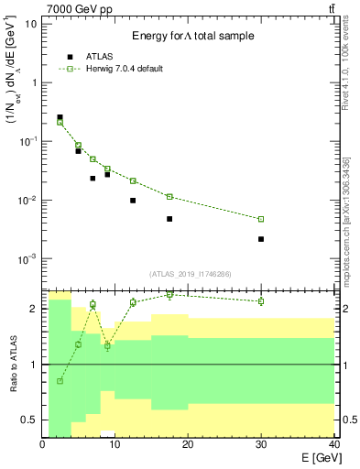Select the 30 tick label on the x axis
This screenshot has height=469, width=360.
[261, 445]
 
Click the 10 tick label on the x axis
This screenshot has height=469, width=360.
[115, 445]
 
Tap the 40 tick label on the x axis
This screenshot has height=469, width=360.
[333, 445]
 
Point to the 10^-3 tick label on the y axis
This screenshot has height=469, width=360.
[30, 259]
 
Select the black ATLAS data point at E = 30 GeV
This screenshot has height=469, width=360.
[261, 239]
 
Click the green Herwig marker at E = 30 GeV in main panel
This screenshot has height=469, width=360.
[261, 219]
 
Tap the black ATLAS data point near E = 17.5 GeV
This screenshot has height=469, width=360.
[169, 219]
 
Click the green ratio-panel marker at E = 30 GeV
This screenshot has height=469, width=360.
[261, 301]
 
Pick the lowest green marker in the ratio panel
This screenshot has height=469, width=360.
[60, 381]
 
